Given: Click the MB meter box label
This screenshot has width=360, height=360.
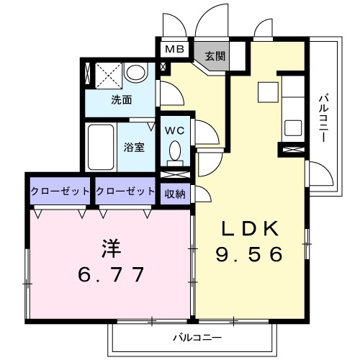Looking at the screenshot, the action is pos(175,49).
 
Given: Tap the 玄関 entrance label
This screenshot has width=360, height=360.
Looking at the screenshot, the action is pos(215,56).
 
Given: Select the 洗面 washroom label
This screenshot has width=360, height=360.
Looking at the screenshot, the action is pos(122,100).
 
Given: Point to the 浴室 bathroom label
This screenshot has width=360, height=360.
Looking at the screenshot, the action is pos(134,147).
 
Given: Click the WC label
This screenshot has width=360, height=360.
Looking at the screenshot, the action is pos(175,131).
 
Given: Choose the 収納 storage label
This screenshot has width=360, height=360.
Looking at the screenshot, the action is pos(175,194).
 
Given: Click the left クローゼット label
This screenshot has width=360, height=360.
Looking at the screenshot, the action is pos(60,192).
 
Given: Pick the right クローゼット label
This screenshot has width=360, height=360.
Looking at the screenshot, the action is pos(125,192).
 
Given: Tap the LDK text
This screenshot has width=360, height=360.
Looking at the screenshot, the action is pos(250,228).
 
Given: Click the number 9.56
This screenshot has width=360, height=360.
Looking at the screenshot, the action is pos(249,254).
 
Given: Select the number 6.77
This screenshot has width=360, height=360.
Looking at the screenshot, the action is pos(111,274).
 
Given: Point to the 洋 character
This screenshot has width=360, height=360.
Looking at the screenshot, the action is pos(112,248).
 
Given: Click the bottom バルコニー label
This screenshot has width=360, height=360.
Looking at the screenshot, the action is pos(197,338).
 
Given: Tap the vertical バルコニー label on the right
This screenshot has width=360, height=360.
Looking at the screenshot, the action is pos(324,119).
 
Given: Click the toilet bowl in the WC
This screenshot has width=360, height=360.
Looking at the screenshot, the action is pos(175,151).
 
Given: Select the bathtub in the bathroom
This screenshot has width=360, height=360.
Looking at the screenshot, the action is pos(101,147).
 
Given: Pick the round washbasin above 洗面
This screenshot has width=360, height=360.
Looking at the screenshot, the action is pos(136,72).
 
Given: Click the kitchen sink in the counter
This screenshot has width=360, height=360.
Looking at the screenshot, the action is pos(293,127).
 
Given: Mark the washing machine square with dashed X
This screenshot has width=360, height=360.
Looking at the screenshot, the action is pos(109,75).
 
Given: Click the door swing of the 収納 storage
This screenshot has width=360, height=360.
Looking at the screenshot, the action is pos(203,194).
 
